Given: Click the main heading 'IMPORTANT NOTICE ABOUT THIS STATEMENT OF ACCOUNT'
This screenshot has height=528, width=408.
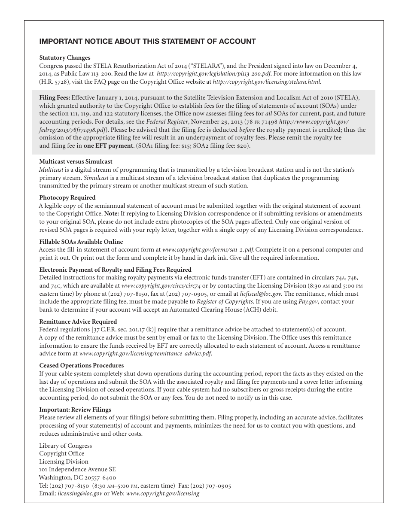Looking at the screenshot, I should [147, 42].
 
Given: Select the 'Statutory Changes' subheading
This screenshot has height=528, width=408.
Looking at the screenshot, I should [65, 58].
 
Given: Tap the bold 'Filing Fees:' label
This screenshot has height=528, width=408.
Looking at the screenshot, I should [55, 97].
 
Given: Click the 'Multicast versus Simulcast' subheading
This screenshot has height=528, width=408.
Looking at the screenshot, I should [76, 161].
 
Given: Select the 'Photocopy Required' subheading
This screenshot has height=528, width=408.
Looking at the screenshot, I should [67, 197].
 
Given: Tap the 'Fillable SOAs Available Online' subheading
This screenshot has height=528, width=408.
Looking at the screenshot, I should [81, 242].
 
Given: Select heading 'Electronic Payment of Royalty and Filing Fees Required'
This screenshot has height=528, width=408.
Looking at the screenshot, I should [115, 270].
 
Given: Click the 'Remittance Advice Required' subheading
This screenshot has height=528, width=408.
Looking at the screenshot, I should [78, 322].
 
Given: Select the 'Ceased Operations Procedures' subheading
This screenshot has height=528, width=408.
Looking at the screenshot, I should [81, 365].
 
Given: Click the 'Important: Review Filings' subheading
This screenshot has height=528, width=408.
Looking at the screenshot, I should [75, 410].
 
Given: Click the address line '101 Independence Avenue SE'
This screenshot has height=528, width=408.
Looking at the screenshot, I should [77, 470].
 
